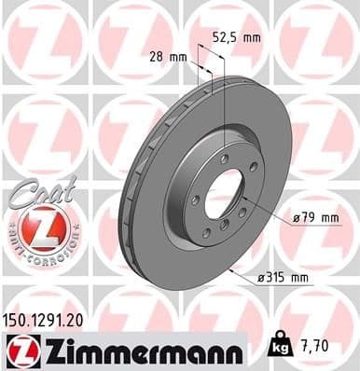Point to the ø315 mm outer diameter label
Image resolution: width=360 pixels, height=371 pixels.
click(285, 278)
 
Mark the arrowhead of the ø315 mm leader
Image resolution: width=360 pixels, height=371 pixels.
click(229, 270)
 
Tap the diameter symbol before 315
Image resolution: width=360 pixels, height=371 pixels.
click(261, 278)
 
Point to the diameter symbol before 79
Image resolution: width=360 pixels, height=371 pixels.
click(295, 217)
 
